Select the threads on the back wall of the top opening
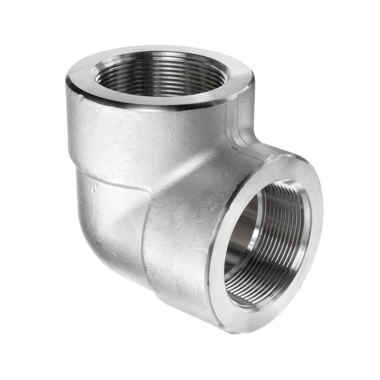[x=158, y=61]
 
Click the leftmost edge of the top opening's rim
[x=66, y=79]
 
